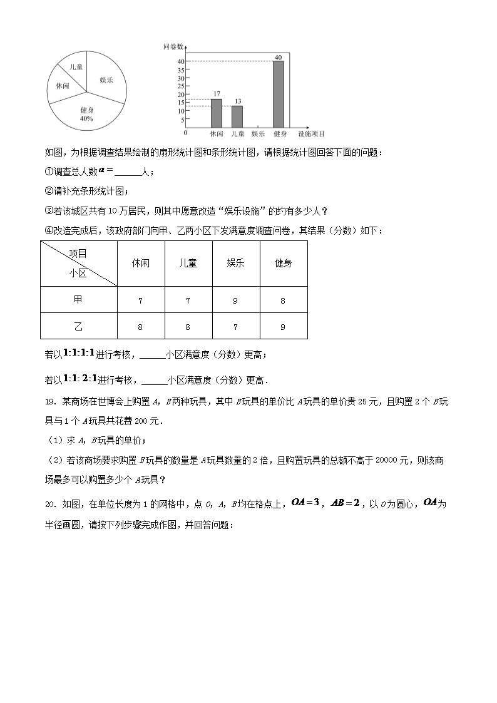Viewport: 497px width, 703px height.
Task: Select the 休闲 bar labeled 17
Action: click(x=216, y=113)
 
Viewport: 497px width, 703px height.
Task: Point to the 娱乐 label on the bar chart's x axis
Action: click(x=258, y=133)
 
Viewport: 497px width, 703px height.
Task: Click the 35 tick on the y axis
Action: click(x=180, y=69)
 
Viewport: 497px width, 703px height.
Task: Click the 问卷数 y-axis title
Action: click(x=173, y=46)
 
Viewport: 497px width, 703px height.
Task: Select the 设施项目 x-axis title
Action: click(x=311, y=133)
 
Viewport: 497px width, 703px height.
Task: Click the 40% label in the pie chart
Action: click(x=86, y=118)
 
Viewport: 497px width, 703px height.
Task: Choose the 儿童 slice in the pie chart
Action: click(x=76, y=67)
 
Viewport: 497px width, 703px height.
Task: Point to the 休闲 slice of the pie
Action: click(x=63, y=85)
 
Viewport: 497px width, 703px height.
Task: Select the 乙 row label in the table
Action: click(x=78, y=326)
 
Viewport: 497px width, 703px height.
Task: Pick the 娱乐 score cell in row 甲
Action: click(x=235, y=301)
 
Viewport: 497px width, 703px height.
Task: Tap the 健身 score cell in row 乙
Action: click(x=283, y=326)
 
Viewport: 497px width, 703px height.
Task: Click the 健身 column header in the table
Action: click(x=283, y=264)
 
